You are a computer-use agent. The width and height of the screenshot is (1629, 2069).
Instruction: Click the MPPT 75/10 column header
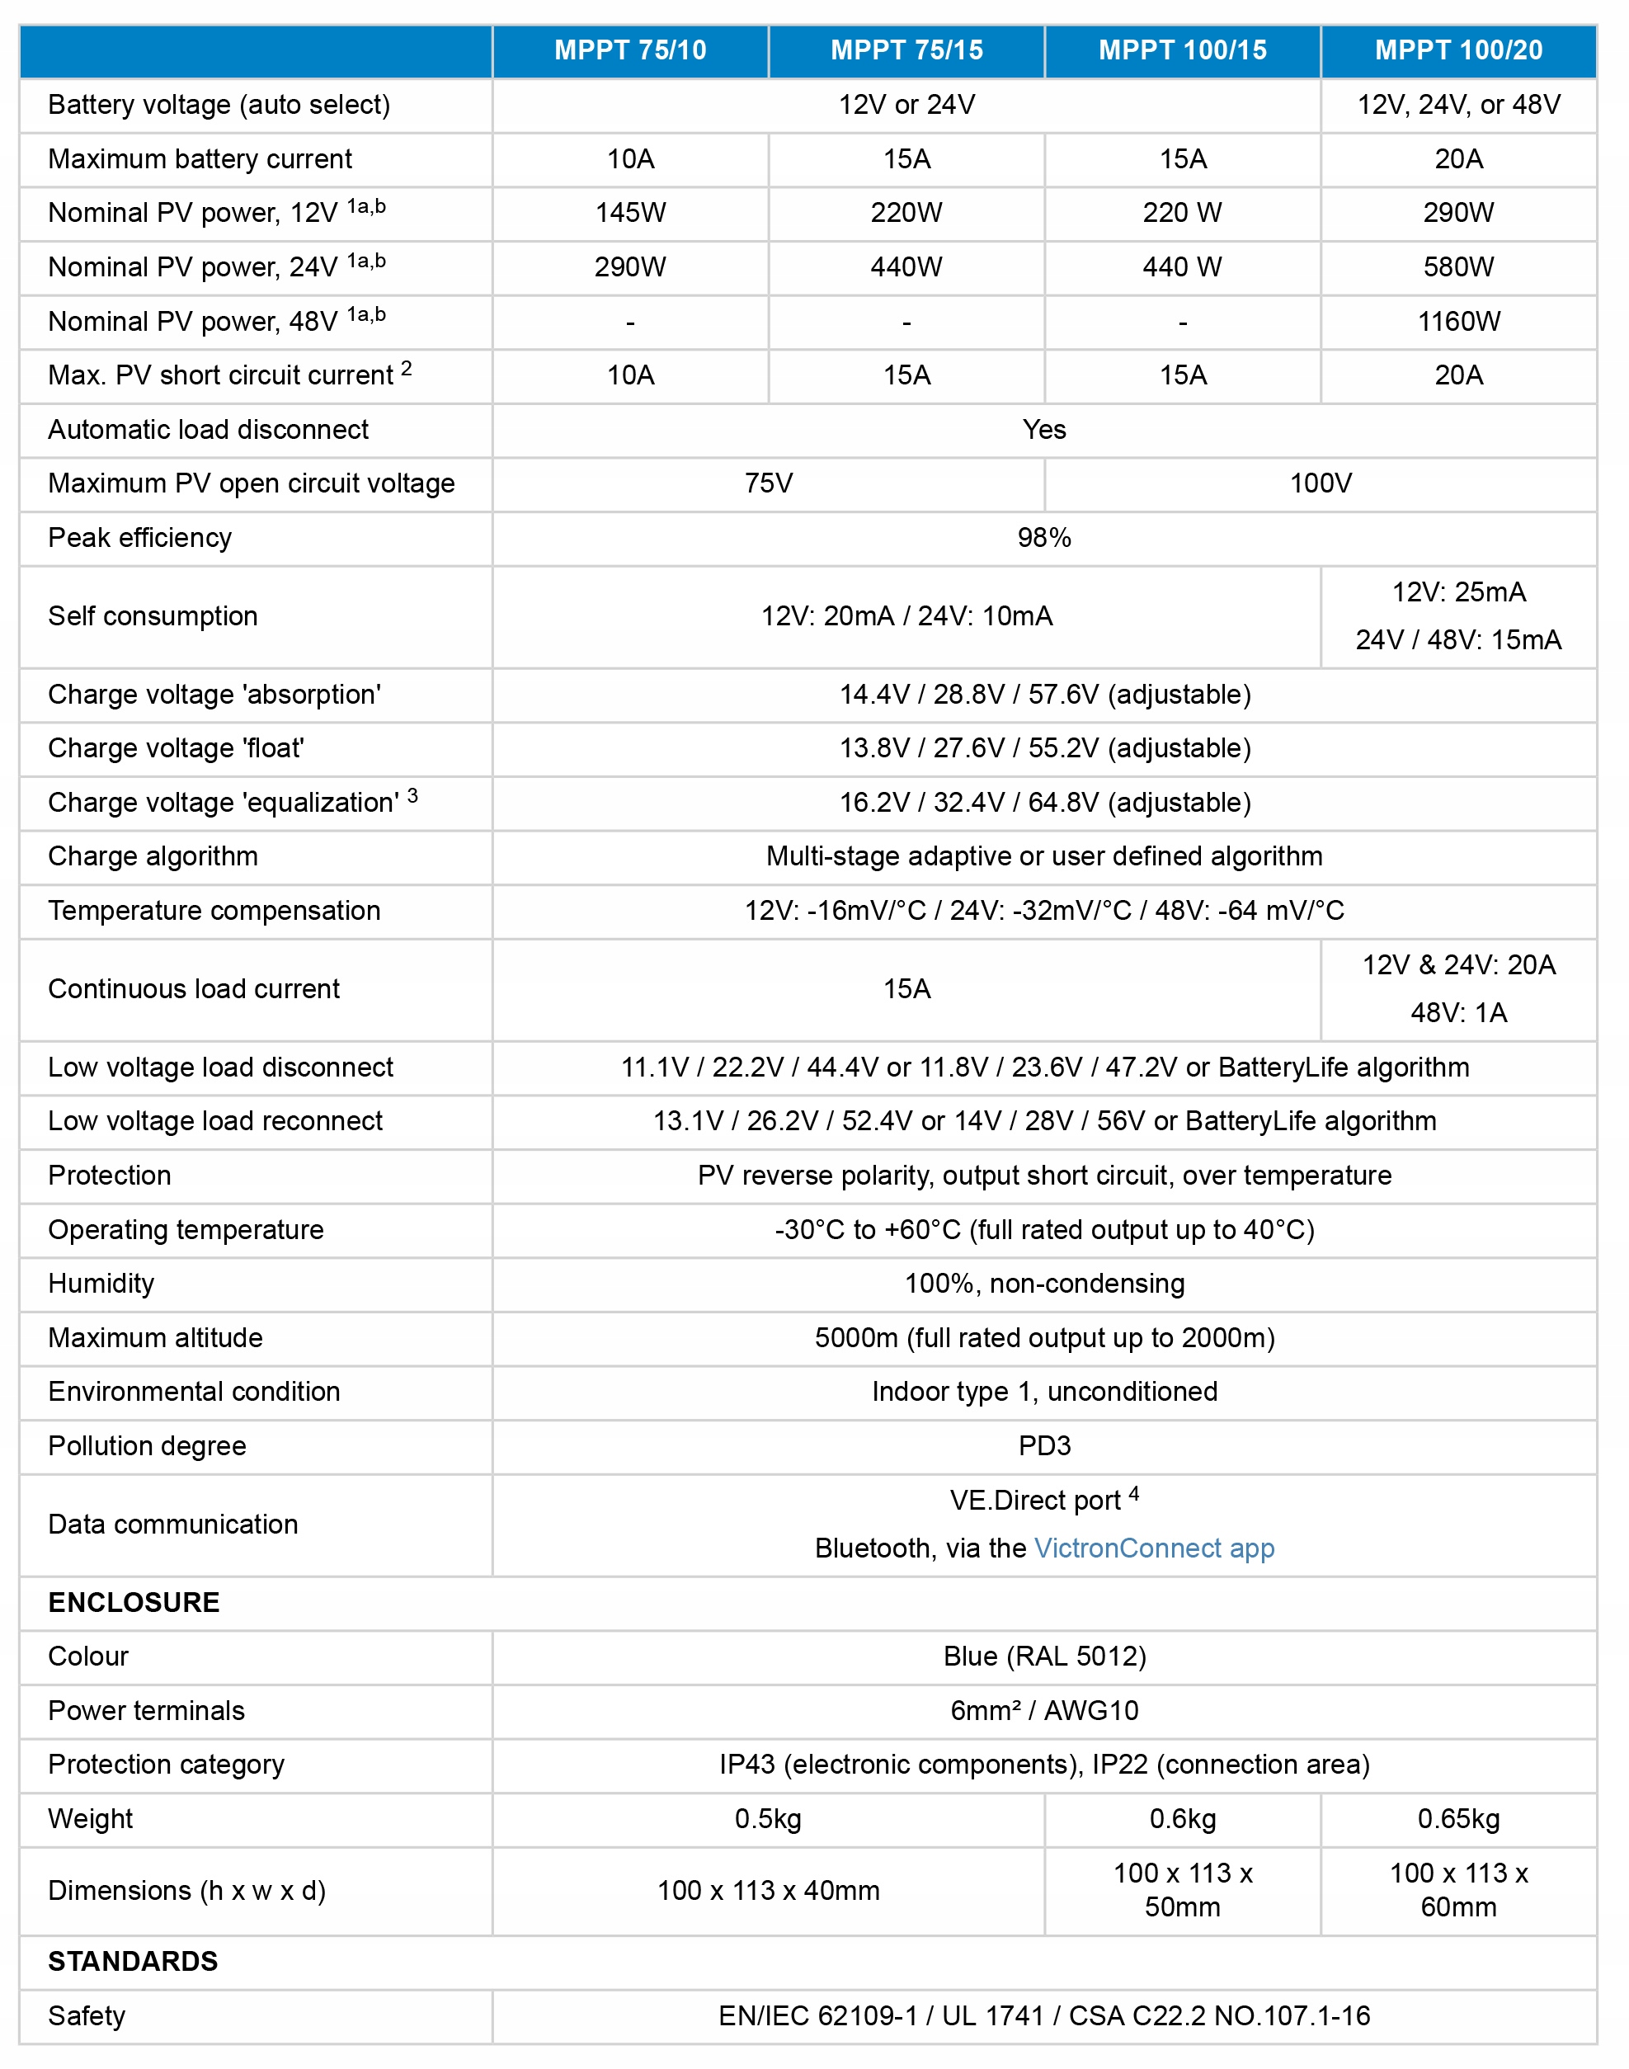coord(630,50)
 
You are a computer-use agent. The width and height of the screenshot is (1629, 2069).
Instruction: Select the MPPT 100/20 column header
coord(1458,50)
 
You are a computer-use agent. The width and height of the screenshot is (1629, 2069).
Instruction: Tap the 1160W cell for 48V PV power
coord(1458,322)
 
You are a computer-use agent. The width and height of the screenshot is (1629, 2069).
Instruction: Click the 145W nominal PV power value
coord(630,213)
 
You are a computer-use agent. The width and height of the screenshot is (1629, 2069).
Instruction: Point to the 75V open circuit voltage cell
coord(768,483)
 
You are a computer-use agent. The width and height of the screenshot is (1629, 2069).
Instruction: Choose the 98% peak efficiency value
coord(1044,538)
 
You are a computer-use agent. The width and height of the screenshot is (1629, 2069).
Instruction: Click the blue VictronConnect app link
coord(1154,1548)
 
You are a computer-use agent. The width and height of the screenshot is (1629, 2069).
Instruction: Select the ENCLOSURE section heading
coord(134,1603)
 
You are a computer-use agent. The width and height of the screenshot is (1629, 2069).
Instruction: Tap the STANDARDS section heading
coord(133,1961)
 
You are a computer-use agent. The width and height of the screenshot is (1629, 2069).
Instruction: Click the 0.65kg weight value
coord(1458,1819)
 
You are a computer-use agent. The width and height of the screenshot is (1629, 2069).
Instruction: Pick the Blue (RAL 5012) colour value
coord(1044,1656)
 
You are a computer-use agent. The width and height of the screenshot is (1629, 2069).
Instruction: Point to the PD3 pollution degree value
coord(1044,1446)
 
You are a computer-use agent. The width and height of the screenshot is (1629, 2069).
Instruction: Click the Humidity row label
coord(101,1284)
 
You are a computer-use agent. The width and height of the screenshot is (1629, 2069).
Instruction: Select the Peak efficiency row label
coord(140,538)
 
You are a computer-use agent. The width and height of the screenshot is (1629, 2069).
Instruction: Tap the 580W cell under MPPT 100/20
coord(1458,267)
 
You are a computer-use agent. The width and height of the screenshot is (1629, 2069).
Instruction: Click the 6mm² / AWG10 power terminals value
coord(1044,1710)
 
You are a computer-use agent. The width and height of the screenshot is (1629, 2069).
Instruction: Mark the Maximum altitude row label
coord(155,1338)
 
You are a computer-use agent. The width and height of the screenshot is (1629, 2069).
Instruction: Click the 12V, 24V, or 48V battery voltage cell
coord(1458,105)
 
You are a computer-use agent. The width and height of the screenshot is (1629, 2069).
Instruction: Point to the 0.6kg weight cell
coord(1183,1819)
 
